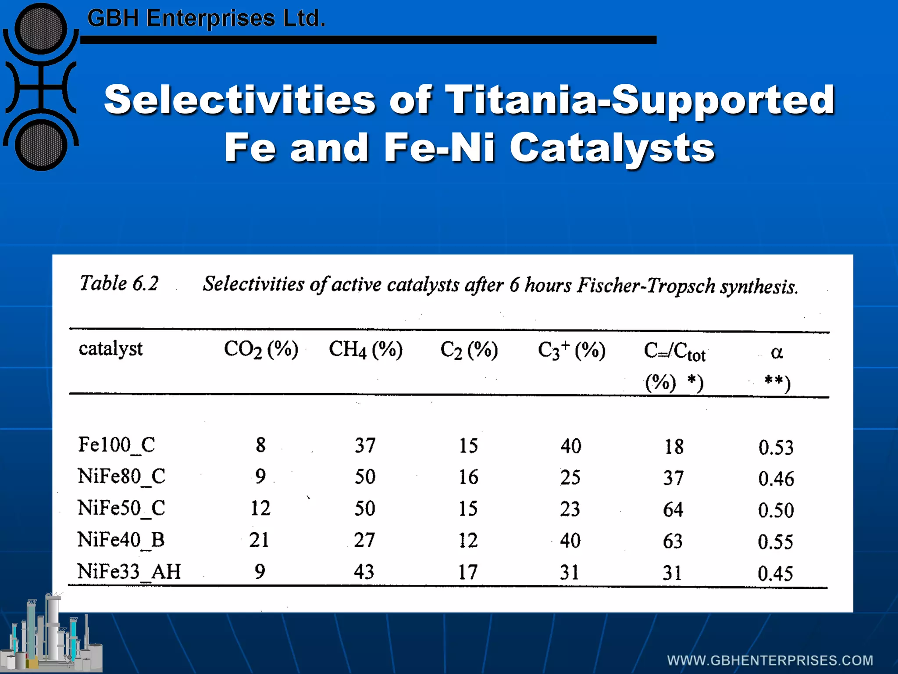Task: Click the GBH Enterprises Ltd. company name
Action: point(206,18)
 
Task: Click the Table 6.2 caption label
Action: point(119,283)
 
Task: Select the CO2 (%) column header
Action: point(261,350)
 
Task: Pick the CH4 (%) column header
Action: point(365,350)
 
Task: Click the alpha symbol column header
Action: point(777,352)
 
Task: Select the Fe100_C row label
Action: point(117,445)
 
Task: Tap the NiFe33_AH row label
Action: point(129,572)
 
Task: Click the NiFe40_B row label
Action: point(121,540)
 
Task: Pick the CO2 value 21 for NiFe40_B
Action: point(259,540)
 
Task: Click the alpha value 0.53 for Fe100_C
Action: point(776,447)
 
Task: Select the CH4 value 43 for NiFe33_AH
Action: point(364,572)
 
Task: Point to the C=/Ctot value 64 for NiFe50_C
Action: point(673,509)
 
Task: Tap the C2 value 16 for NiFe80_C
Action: point(468,477)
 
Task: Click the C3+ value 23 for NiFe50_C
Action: point(570,509)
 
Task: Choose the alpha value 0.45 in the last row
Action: point(775,574)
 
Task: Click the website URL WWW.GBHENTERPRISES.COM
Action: point(770,660)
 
